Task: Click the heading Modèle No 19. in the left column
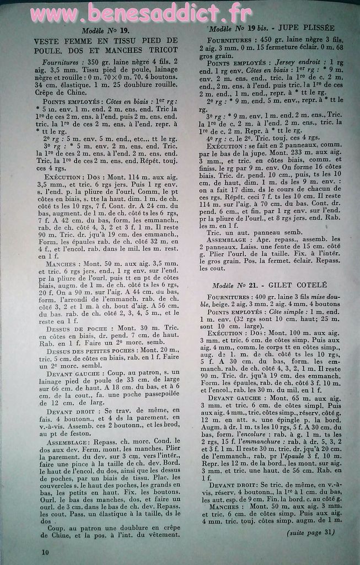click(x=106, y=31)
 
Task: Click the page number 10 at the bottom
click(x=45, y=551)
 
